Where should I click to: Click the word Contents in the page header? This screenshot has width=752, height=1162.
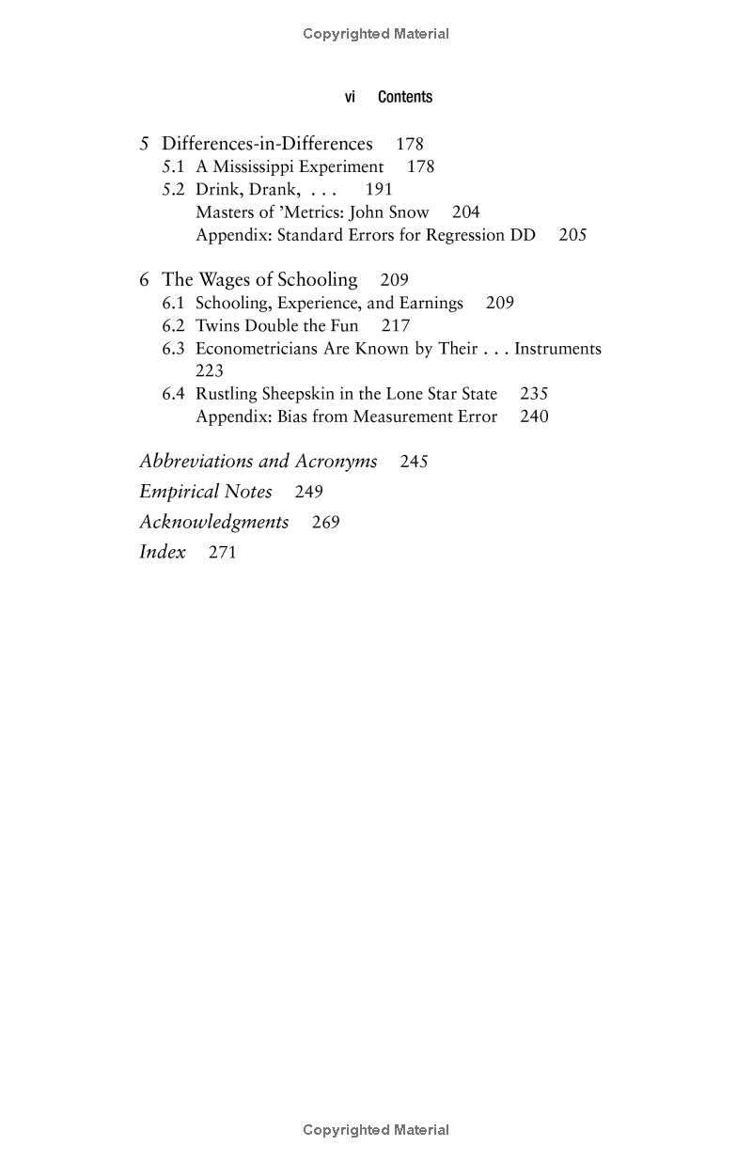pyautogui.click(x=405, y=97)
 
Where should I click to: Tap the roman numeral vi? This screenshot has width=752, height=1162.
pyautogui.click(x=350, y=97)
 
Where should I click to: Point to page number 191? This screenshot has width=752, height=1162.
pyautogui.click(x=379, y=190)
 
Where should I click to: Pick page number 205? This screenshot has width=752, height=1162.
pyautogui.click(x=572, y=235)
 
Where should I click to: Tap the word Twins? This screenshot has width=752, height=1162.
pyautogui.click(x=217, y=326)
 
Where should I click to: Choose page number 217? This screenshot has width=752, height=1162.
pyautogui.click(x=396, y=326)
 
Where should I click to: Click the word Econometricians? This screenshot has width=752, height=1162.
pyautogui.click(x=255, y=349)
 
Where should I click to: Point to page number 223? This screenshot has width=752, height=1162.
pyautogui.click(x=210, y=371)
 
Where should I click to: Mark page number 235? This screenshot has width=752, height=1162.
pyautogui.click(x=534, y=394)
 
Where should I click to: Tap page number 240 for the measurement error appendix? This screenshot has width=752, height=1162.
pyautogui.click(x=534, y=416)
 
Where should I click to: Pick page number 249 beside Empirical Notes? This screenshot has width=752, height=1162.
pyautogui.click(x=308, y=492)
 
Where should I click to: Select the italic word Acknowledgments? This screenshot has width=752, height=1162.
pyautogui.click(x=214, y=522)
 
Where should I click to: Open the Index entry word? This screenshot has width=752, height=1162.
pyautogui.click(x=163, y=552)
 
